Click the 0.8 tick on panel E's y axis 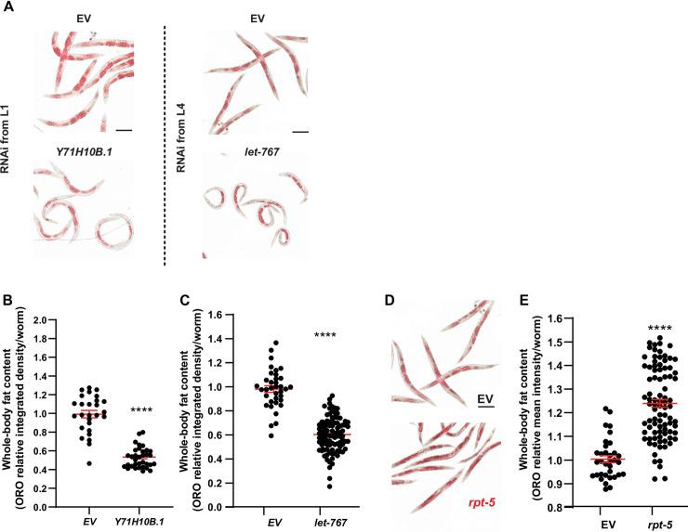(x=573, y=508)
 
